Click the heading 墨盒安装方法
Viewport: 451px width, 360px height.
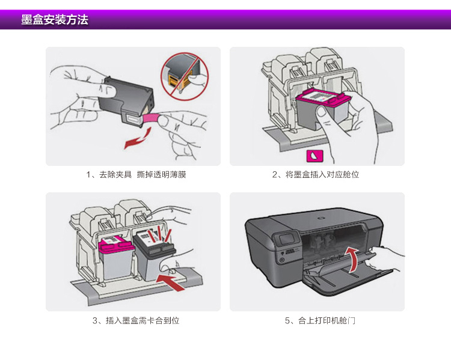click(x=55, y=20)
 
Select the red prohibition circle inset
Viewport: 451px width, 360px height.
click(x=183, y=76)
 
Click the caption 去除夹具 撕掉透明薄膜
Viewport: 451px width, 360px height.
click(x=132, y=175)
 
